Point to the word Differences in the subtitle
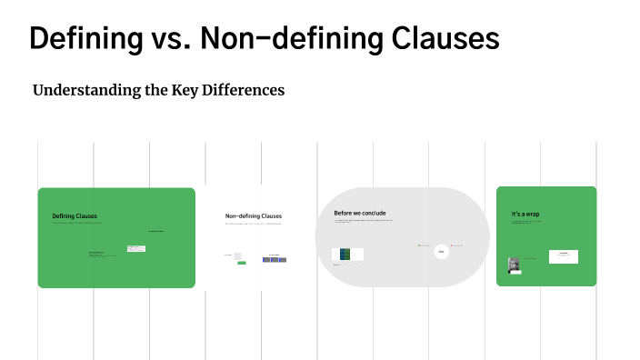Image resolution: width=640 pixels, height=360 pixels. [245, 90]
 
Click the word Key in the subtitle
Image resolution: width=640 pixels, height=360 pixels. [185, 90]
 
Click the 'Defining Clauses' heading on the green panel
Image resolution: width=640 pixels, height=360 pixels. [75, 216]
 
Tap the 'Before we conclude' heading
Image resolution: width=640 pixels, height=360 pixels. [360, 214]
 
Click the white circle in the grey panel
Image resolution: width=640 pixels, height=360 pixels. [441, 251]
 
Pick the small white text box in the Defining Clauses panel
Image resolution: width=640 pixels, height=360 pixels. [136, 247]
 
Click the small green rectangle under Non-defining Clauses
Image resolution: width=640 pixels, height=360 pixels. [242, 263]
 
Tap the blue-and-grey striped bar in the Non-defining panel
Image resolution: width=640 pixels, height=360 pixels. [275, 259]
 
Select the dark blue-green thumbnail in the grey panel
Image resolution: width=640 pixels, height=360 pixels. [346, 255]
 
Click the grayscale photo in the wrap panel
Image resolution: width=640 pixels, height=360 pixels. [515, 264]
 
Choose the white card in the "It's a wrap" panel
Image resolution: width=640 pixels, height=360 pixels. [564, 255]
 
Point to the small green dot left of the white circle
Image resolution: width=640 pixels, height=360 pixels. [419, 245]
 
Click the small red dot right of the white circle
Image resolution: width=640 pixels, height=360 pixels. [453, 245]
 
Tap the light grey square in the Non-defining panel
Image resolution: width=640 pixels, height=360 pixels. [238, 255]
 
